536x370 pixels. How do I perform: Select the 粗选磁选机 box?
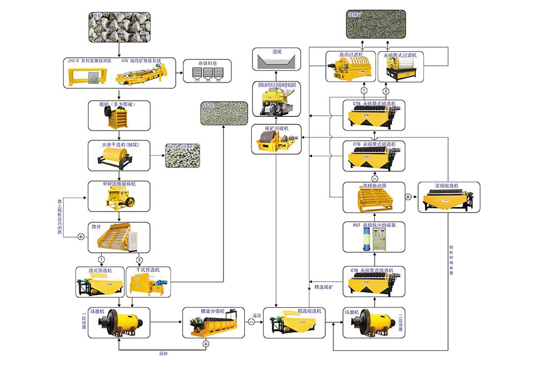294,322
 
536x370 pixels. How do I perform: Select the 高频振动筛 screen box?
374,198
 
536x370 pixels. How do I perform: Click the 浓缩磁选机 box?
449,197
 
